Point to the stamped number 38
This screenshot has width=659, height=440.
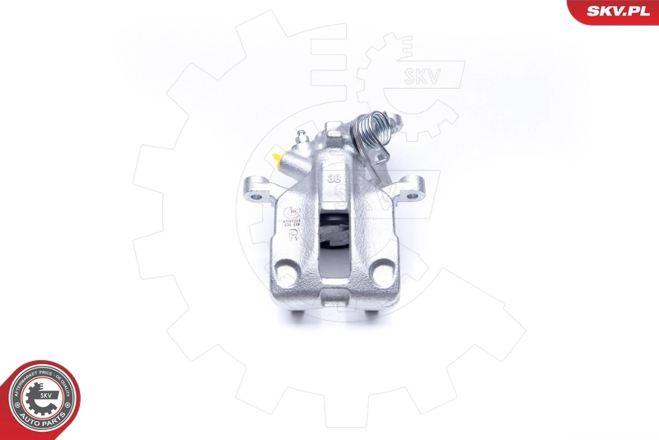(334, 177)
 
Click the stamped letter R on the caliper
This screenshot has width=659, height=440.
(294, 235)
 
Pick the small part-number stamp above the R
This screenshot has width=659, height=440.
(293, 218)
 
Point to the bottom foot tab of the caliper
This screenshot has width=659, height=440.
(335, 298)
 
